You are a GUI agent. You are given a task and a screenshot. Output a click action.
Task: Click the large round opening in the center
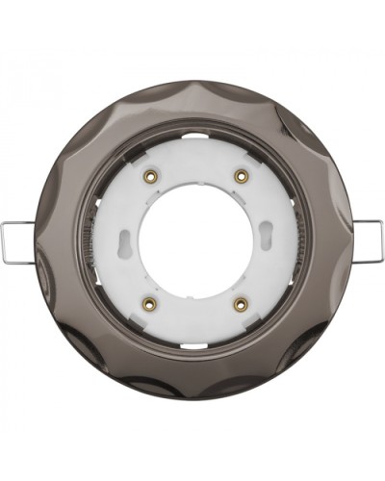193,240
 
